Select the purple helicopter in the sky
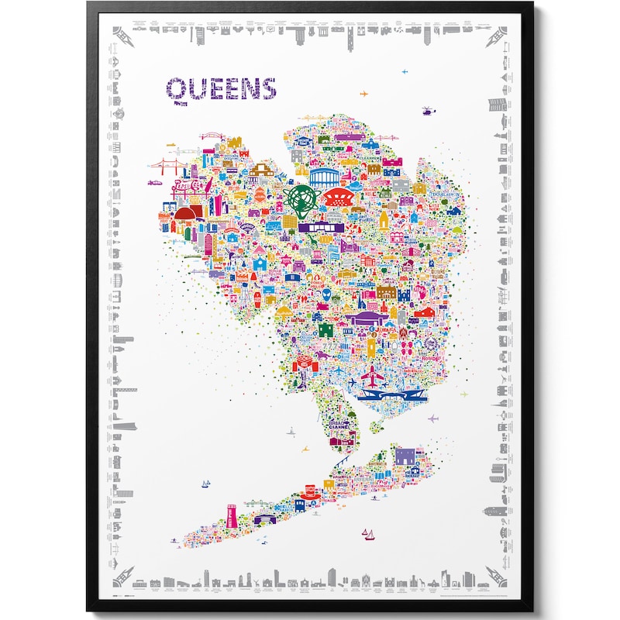pos(426,112)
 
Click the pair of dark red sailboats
pos(369,533)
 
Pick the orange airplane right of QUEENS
pos(364,95)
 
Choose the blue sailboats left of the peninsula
pos(205,484)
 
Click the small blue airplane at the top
pos(405,72)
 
